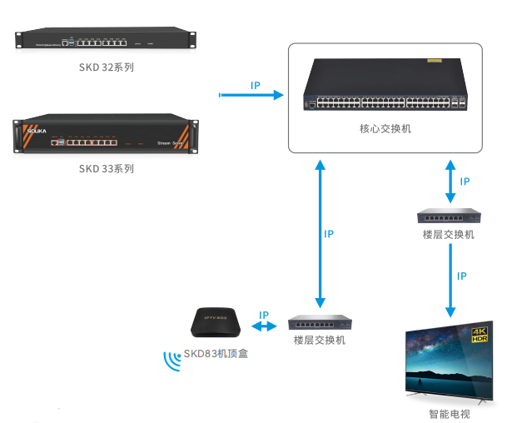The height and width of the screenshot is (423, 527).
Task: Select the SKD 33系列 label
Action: [106, 168]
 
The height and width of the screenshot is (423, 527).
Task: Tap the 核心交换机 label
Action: [385, 129]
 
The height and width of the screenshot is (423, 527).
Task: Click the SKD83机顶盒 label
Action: [216, 354]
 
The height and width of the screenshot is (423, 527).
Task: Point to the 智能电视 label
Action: [449, 414]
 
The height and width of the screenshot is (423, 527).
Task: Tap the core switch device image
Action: [385, 87]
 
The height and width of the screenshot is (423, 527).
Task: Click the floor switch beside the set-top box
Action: [318, 323]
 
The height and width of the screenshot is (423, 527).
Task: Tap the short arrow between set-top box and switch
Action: [264, 327]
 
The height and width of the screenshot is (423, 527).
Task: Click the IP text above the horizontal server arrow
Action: [255, 86]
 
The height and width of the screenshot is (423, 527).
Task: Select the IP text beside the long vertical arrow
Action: [328, 234]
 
